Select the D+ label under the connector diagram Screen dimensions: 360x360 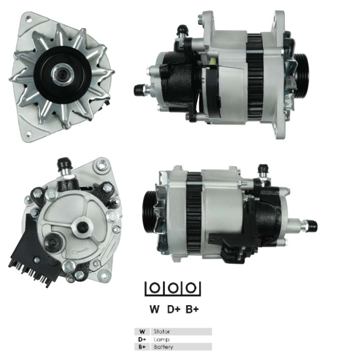pos(174,309)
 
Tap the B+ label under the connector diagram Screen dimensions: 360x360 pos(192,309)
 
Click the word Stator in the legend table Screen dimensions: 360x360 pos(161,332)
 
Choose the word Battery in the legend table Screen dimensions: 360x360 pos(163,347)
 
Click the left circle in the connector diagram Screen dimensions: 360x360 pos(154,288)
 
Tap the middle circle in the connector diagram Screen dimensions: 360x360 pos(173,288)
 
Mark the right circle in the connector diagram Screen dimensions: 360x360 pos(192,288)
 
